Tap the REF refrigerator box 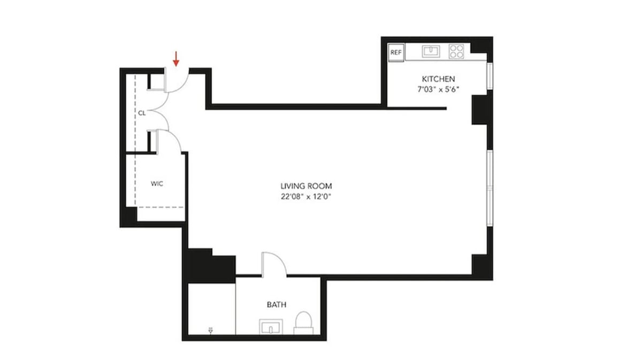[396, 52]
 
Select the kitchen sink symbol [430, 51]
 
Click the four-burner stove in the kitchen [456, 51]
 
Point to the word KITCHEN [439, 79]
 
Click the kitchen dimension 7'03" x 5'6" [439, 89]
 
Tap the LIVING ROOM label [306, 186]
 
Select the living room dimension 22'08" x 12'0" [306, 196]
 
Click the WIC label [156, 183]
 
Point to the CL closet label [142, 113]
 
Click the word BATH [276, 304]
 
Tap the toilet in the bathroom [304, 322]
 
